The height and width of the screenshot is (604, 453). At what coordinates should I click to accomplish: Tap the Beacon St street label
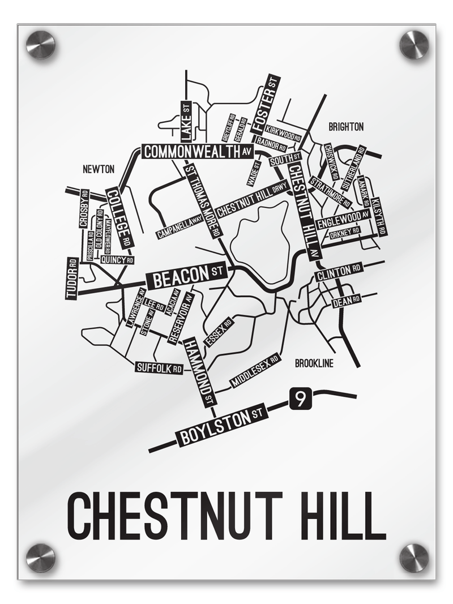tap(186, 277)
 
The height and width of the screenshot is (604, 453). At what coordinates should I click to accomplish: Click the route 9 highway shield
tap(300, 399)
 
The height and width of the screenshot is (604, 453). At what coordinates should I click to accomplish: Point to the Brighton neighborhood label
tap(346, 127)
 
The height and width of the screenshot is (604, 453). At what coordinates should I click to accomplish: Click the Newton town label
tap(99, 169)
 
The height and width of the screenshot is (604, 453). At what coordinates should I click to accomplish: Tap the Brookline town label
tap(314, 363)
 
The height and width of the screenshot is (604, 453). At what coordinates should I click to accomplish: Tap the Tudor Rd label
tap(72, 279)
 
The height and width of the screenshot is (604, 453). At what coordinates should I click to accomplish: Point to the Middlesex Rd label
tap(255, 372)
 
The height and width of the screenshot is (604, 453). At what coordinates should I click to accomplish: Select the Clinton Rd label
tap(339, 272)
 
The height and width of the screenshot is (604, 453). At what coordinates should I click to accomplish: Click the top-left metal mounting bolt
tap(41, 45)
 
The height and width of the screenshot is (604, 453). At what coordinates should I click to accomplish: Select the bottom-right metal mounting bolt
tap(413, 557)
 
